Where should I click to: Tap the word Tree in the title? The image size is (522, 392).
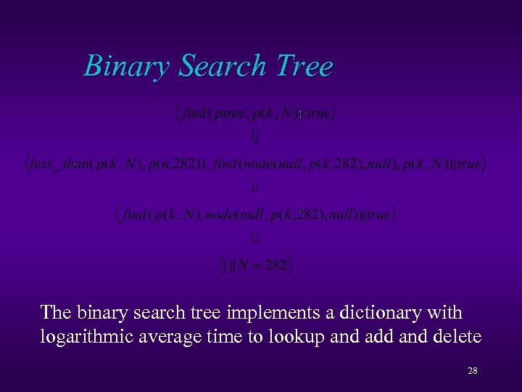click(303, 66)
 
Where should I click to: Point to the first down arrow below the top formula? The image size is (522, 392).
click(255, 136)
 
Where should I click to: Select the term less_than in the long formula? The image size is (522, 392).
click(61, 164)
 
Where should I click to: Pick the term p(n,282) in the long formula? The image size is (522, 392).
click(173, 164)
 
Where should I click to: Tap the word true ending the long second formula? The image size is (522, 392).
click(468, 164)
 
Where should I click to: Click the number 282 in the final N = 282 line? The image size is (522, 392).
click(276, 266)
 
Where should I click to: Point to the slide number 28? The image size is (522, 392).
click(472, 371)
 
